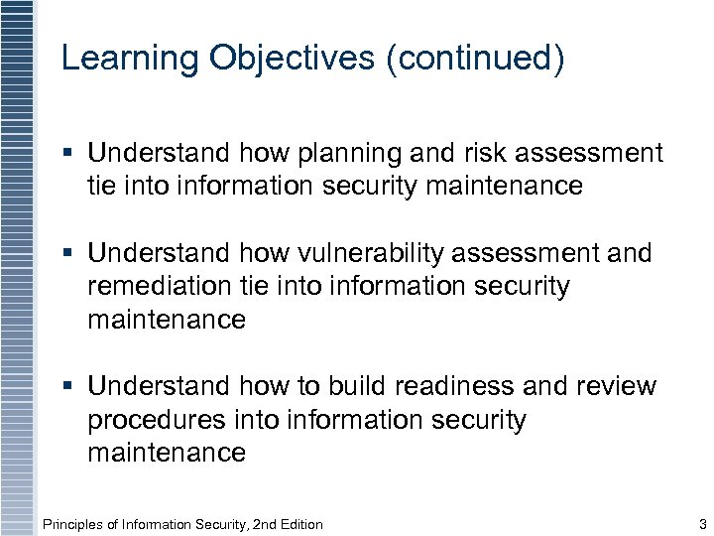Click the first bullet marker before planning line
coord(67,153)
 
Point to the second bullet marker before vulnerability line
coord(67,254)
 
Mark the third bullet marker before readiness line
coord(67,386)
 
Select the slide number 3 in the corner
coord(702,524)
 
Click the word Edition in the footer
coord(297,524)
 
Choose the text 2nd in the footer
coord(250,524)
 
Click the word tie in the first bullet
coord(103,186)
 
